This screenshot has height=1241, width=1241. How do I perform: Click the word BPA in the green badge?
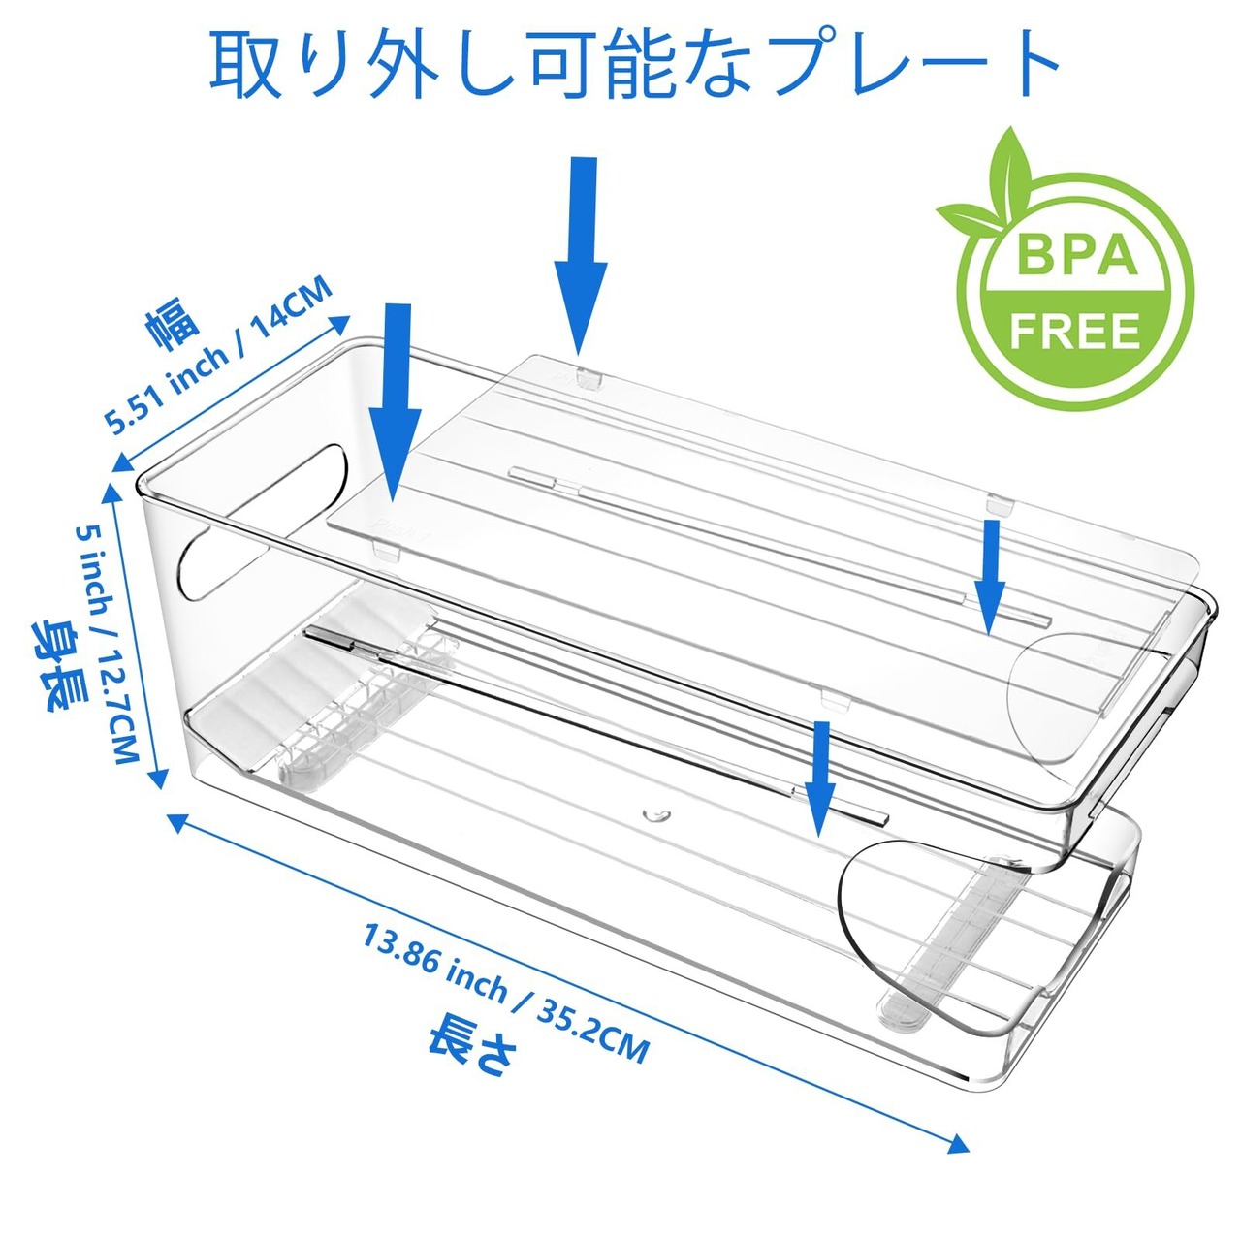pos(1076,254)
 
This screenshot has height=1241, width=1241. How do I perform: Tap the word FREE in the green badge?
pos(1074,332)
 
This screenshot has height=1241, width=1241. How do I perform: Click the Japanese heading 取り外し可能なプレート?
pos(635,63)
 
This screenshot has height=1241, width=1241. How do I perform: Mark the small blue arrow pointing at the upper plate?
pos(990,576)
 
